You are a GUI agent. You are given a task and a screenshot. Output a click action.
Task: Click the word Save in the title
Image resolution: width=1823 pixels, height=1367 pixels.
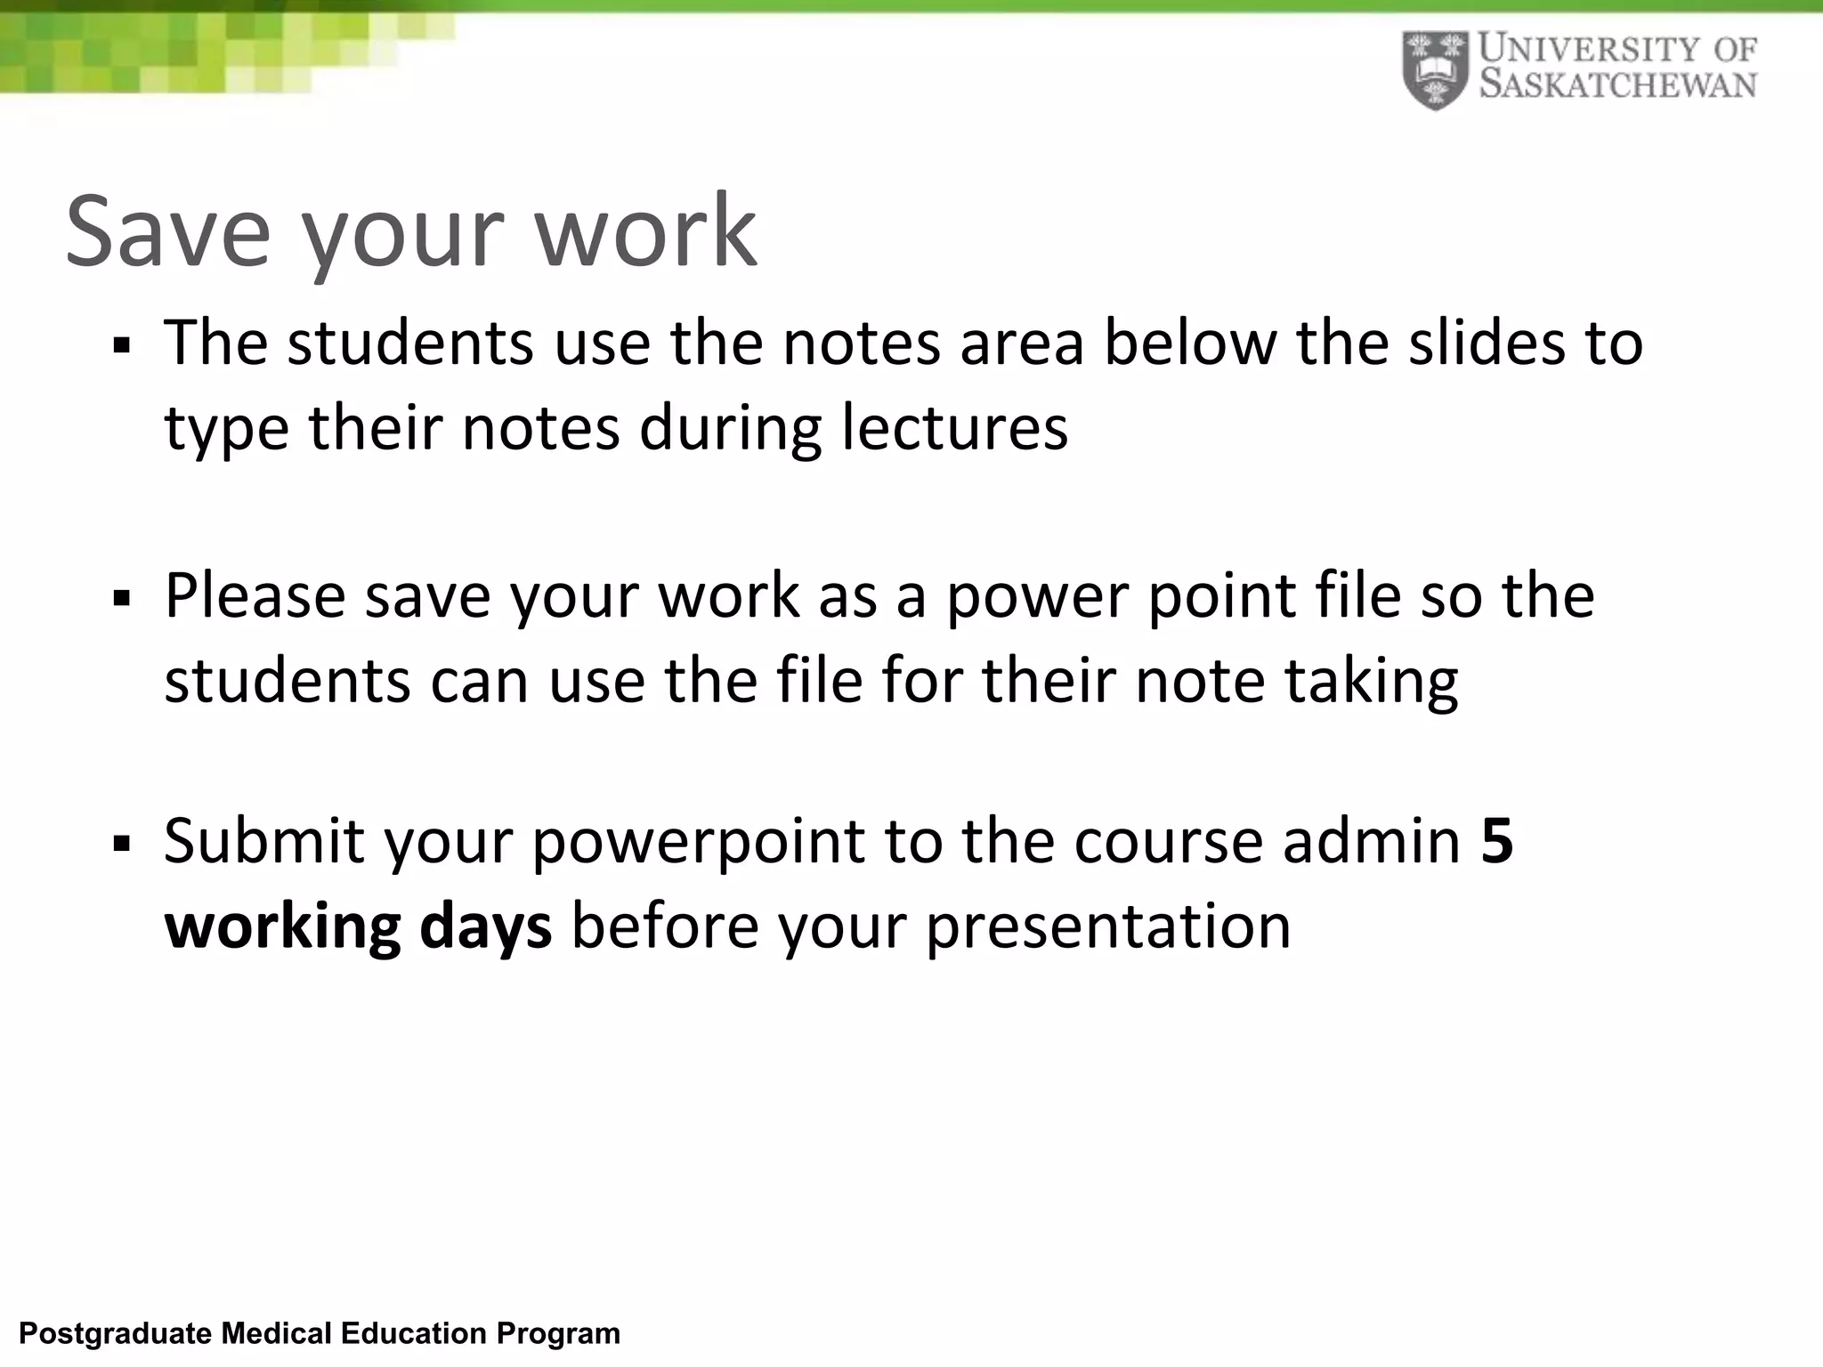[167, 231]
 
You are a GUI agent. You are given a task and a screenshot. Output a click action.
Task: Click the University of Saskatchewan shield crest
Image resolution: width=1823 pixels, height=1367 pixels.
[1434, 70]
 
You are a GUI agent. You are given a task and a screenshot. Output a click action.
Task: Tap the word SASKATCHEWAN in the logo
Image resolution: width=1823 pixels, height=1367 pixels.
[1618, 85]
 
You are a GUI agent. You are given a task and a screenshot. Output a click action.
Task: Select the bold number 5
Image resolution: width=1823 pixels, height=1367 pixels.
[1496, 840]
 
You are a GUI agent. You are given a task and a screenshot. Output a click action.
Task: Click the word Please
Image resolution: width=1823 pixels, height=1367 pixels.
[255, 595]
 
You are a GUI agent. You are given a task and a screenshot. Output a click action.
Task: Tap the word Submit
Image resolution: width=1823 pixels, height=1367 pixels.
[264, 840]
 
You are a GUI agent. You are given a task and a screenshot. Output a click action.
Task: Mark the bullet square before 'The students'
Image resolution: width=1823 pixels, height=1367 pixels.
[122, 345]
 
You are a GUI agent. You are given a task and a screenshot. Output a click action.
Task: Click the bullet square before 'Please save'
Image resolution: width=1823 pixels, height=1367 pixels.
[122, 598]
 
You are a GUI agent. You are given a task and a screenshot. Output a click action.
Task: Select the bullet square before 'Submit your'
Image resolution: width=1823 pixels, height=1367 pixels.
[122, 843]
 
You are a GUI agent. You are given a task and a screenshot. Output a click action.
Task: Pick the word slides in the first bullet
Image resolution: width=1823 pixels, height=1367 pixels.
[1487, 343]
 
